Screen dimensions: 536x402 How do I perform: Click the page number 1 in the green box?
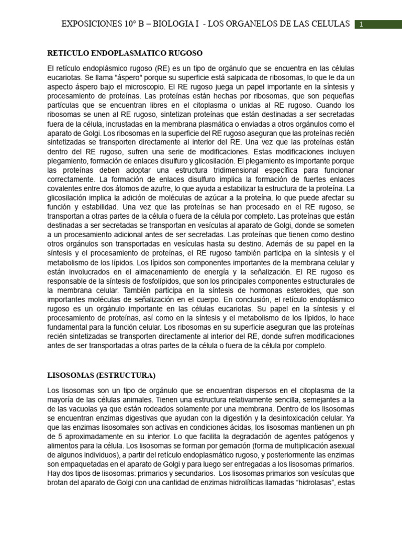pyautogui.click(x=361, y=24)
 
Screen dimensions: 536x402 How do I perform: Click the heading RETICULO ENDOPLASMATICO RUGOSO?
pyautogui.click(x=125, y=53)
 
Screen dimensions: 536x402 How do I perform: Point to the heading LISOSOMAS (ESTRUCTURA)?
pyautogui.click(x=102, y=375)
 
